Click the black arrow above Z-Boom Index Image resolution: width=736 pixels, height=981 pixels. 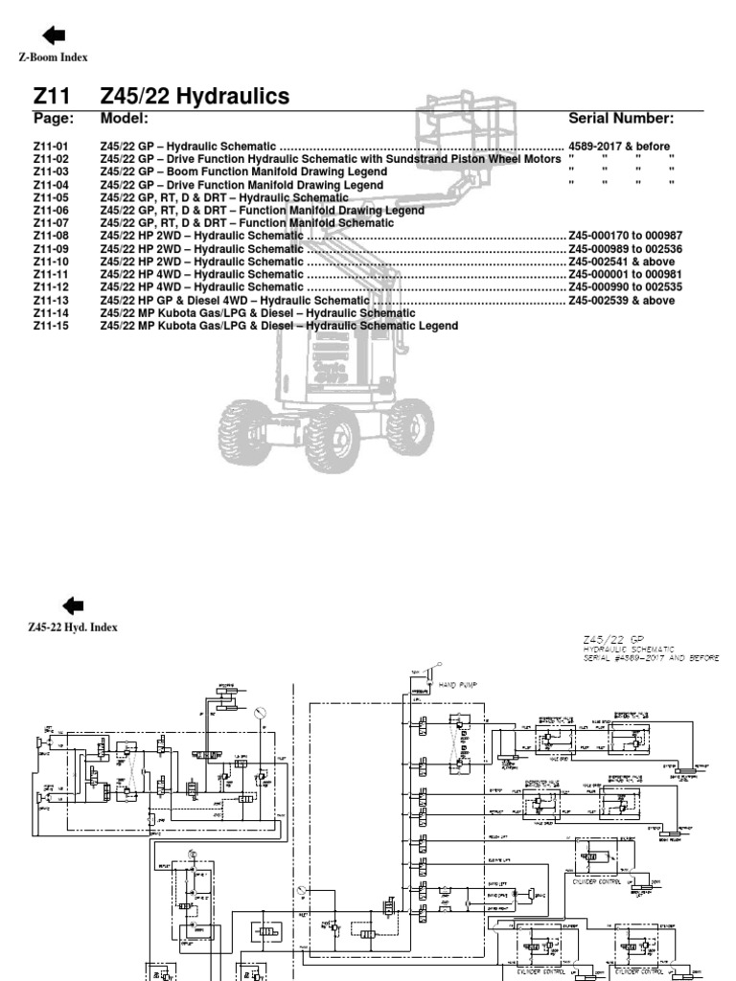[x=54, y=35]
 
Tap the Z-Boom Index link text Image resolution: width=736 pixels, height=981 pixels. [x=54, y=57]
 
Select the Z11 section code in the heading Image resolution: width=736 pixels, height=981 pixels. [x=53, y=96]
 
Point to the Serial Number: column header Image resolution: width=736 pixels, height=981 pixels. [x=621, y=119]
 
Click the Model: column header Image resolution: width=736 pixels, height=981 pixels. [x=124, y=119]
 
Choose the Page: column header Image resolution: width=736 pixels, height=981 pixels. [x=53, y=119]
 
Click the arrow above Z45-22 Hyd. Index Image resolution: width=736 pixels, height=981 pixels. [x=72, y=605]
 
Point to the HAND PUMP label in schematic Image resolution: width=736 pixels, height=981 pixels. [x=458, y=686]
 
